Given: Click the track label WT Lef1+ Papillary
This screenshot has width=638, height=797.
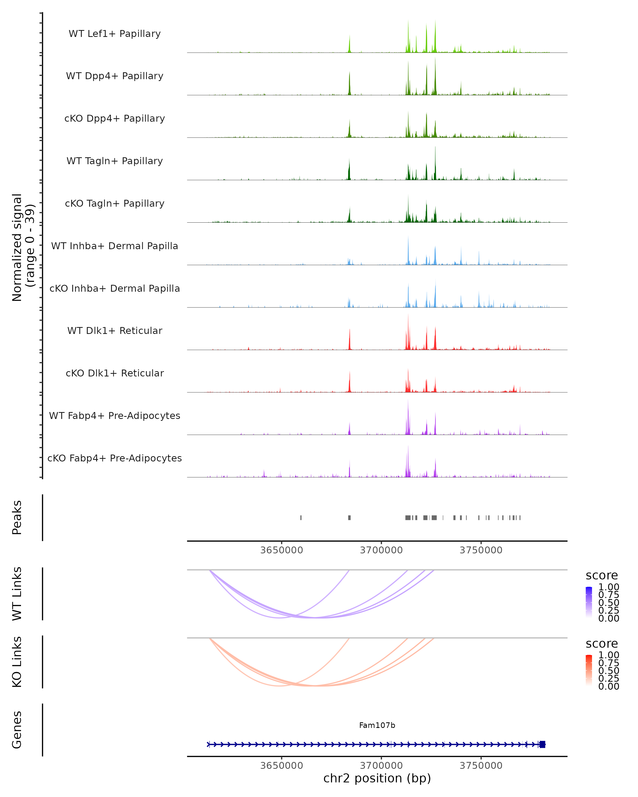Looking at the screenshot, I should click(x=115, y=34).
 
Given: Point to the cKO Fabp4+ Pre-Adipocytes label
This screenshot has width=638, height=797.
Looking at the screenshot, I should click(x=115, y=458).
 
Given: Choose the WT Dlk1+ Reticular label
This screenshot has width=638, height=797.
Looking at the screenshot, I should click(x=115, y=330).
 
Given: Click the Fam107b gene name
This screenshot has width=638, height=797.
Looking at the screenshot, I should click(x=377, y=725).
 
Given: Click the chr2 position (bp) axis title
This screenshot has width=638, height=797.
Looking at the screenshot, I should click(x=377, y=778).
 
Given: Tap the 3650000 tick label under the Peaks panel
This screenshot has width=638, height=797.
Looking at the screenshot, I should click(x=282, y=550).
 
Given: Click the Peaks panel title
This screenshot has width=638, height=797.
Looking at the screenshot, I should click(x=17, y=518).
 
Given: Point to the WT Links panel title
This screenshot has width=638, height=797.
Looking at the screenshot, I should click(x=17, y=594).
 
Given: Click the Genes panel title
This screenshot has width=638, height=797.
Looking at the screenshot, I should click(x=17, y=730).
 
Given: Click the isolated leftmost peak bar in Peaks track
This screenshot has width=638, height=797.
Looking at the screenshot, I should click(x=301, y=518).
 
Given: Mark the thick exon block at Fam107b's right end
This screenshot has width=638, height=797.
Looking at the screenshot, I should click(x=542, y=744).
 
